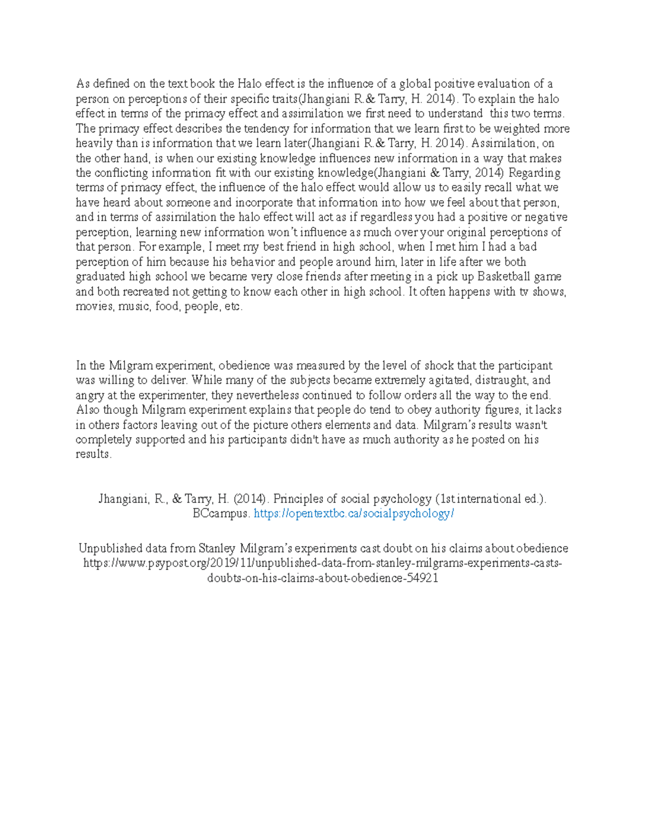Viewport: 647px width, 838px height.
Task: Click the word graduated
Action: tap(101, 277)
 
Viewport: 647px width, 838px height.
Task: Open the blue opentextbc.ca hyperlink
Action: tap(354, 514)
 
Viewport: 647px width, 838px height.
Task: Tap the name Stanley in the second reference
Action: tap(217, 549)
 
